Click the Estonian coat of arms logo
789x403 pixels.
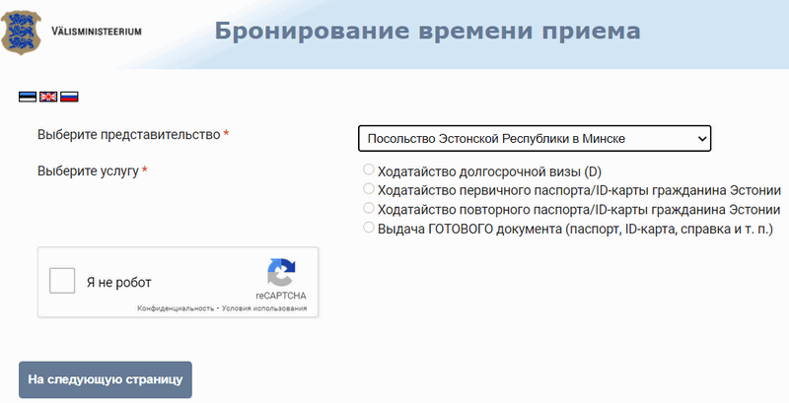[x=21, y=33]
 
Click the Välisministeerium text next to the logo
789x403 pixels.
[x=97, y=32]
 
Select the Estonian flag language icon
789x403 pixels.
[x=28, y=97]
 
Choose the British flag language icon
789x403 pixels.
[x=48, y=97]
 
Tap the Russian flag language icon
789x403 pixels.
[x=69, y=97]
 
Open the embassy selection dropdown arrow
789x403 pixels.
[x=702, y=139]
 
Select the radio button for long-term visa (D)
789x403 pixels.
[x=369, y=169]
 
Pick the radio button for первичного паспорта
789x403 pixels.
[x=369, y=189]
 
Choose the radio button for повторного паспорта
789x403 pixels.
[x=369, y=208]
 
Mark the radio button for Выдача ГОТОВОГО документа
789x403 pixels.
[x=369, y=228]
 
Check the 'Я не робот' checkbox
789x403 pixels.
[x=62, y=281]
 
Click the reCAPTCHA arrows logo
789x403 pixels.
[x=281, y=272]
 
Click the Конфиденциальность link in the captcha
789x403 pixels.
[x=176, y=308]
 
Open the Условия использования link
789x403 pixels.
[x=264, y=308]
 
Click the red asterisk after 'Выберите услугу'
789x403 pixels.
[x=144, y=169]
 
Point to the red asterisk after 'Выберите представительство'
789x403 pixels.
[x=226, y=133]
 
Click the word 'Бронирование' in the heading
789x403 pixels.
[x=312, y=32]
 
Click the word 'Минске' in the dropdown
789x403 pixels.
[x=604, y=139]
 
